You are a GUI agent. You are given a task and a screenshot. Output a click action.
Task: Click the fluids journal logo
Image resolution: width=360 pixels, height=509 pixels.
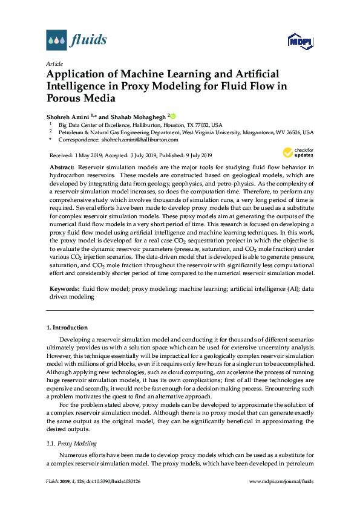76,41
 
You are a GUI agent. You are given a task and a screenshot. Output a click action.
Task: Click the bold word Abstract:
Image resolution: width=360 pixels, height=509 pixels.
61,166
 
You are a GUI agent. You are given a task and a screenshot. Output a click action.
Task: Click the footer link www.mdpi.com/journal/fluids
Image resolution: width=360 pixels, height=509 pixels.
281,481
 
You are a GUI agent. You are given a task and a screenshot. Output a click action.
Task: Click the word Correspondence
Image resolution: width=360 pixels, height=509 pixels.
79,139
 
